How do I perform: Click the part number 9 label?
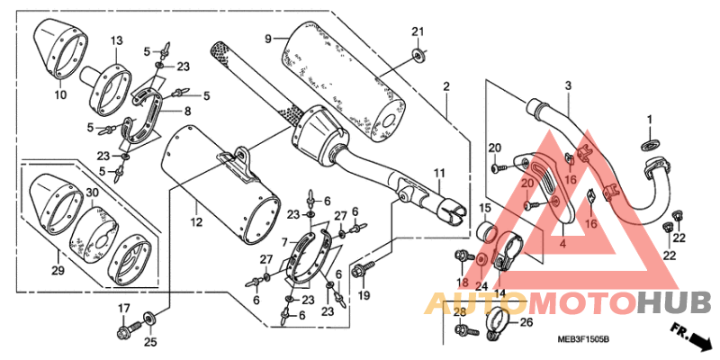268,39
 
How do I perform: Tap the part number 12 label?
196,222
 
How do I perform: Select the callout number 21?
417,31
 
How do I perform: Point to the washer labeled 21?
418,55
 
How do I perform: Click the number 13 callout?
117,40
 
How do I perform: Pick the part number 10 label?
60,95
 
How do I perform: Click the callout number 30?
94,193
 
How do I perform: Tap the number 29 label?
58,271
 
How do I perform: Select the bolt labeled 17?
128,329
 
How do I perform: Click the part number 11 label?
440,173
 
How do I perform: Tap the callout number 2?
446,85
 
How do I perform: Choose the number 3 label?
568,85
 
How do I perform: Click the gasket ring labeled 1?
650,146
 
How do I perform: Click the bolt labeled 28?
466,329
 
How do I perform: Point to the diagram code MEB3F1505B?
582,340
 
